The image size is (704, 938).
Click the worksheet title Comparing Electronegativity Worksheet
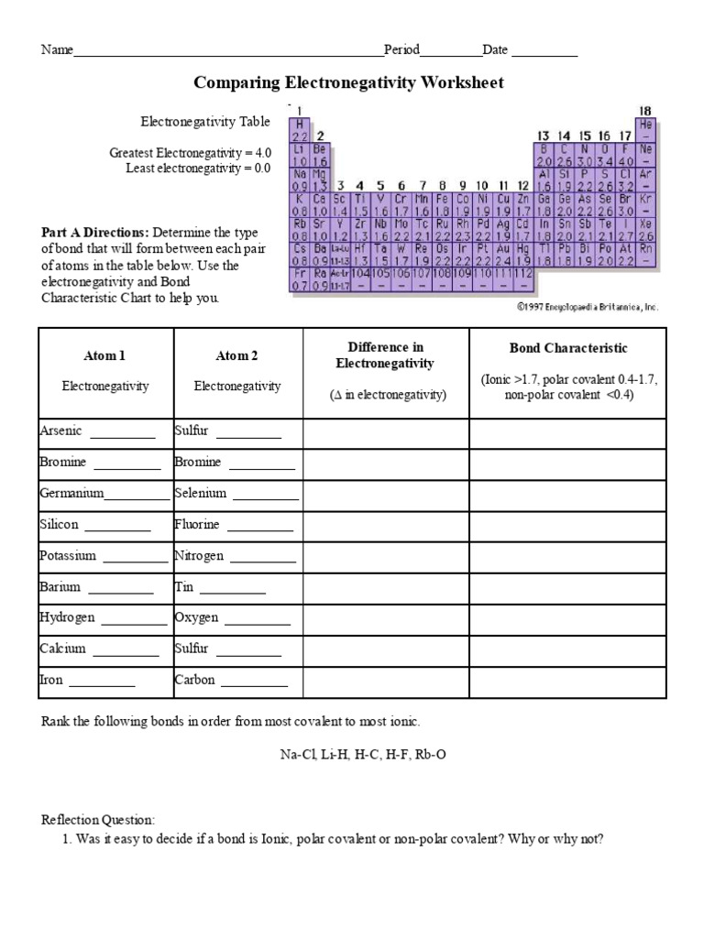(x=348, y=83)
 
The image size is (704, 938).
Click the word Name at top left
(x=56, y=50)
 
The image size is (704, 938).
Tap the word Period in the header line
(x=402, y=50)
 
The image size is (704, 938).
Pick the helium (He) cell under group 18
(x=645, y=129)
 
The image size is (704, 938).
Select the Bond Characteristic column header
(x=567, y=348)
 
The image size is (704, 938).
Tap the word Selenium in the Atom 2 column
(x=200, y=494)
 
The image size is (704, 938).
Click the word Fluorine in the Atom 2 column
(x=197, y=525)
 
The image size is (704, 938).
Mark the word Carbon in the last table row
(x=194, y=680)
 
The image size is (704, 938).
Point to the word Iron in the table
(x=51, y=680)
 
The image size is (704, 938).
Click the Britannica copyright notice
(x=588, y=307)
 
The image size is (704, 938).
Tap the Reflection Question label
(x=99, y=818)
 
